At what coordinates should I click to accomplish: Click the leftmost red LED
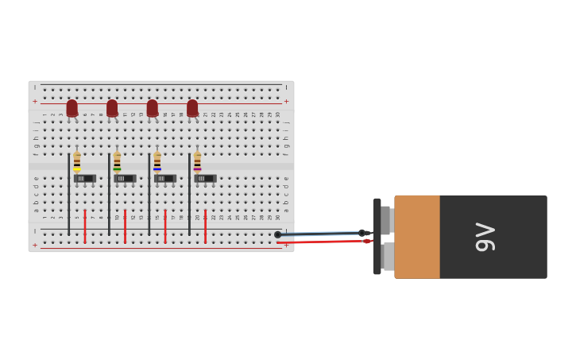[72, 107]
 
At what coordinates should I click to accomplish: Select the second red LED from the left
[112, 107]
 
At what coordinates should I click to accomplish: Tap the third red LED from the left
[153, 107]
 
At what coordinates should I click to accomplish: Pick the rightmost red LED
[192, 107]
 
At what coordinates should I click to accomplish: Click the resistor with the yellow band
[77, 162]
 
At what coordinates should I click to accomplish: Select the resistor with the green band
[117, 162]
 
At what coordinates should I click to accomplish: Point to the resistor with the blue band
[157, 162]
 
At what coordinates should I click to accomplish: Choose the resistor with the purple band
[197, 162]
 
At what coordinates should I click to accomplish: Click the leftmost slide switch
[84, 179]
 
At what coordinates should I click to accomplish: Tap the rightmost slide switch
[205, 179]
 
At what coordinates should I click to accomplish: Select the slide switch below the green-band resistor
[125, 179]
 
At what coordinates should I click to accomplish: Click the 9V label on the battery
[485, 237]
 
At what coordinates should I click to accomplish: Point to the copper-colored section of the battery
[417, 237]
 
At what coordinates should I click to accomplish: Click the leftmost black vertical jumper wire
[69, 195]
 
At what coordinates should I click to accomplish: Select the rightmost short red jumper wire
[205, 226]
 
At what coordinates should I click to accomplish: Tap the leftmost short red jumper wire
[85, 226]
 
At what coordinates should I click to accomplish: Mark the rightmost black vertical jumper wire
[189, 195]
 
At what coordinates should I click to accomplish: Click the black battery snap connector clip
[377, 237]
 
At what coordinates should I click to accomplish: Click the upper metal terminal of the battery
[386, 220]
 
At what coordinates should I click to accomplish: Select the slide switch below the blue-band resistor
[165, 179]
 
